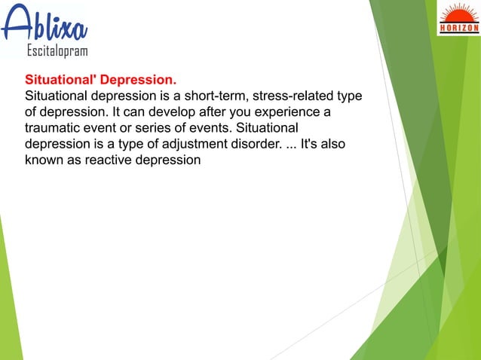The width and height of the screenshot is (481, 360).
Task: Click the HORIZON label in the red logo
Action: tap(458, 29)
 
